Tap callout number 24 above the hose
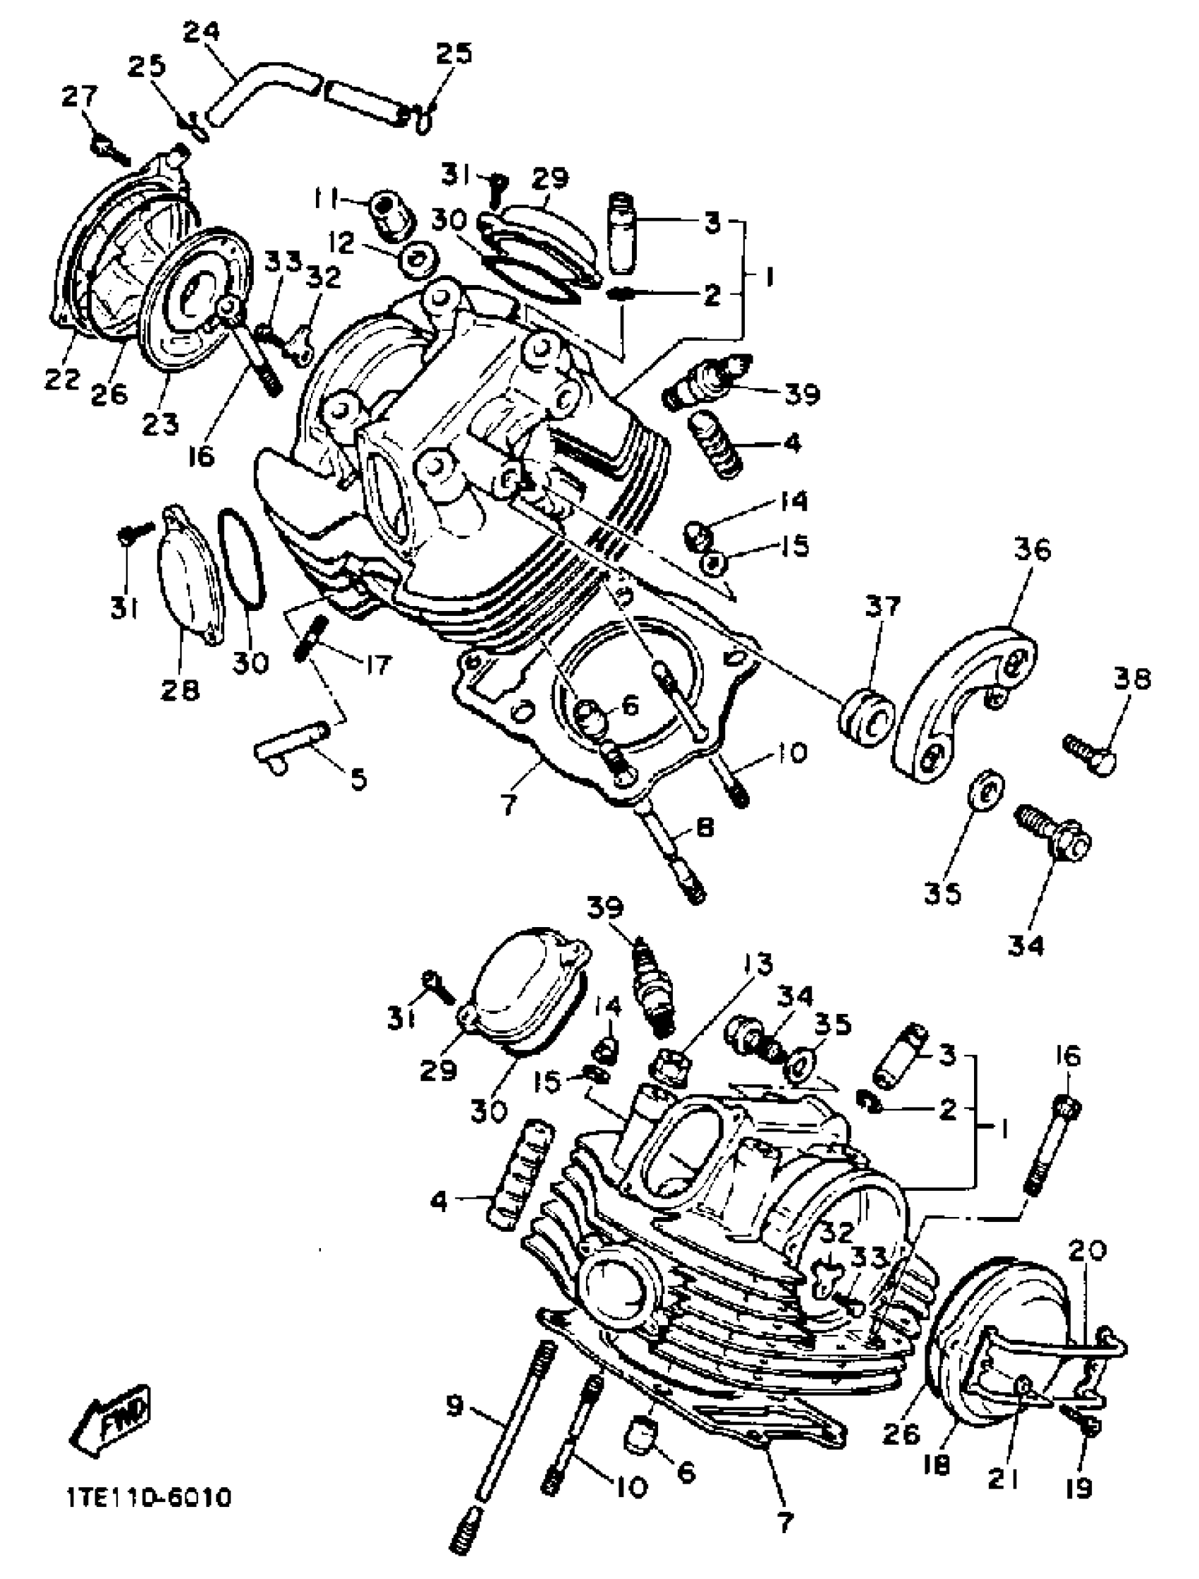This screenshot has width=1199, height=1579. [201, 32]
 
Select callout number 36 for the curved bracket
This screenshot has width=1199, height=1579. [1033, 550]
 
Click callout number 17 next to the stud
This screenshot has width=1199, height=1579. [376, 665]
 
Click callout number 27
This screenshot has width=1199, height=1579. [79, 97]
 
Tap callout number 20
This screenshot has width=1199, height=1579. [1087, 1251]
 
